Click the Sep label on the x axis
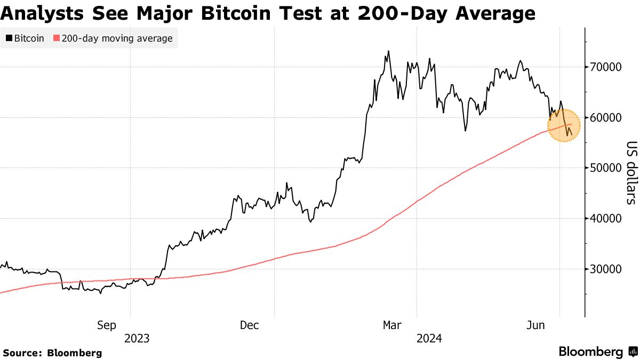106,325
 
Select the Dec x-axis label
250,325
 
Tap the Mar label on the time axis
393,325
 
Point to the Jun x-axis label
536,325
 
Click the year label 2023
137,338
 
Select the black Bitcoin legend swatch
9,38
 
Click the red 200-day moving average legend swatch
57,38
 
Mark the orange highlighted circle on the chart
564,125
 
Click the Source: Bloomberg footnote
52,353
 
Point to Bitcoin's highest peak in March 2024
388,51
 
